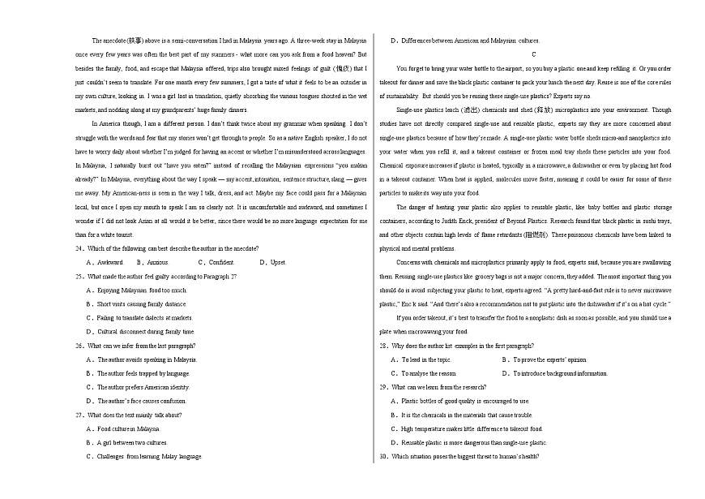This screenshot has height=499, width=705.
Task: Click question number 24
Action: pos(79,248)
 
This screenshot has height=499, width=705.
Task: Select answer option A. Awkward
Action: pos(105,262)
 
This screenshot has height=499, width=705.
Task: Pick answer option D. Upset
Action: pos(272,262)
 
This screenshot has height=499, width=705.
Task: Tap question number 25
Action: pos(79,276)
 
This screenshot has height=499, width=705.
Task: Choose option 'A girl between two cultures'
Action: pos(132,443)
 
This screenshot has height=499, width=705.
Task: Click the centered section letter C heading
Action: pos(533,54)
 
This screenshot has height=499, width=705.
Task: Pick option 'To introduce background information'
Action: pos(554,373)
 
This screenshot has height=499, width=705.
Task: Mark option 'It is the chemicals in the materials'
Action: pos(460,415)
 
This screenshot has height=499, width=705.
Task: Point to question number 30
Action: pos(384,457)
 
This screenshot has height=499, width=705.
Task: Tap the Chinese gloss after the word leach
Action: pos(472,110)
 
